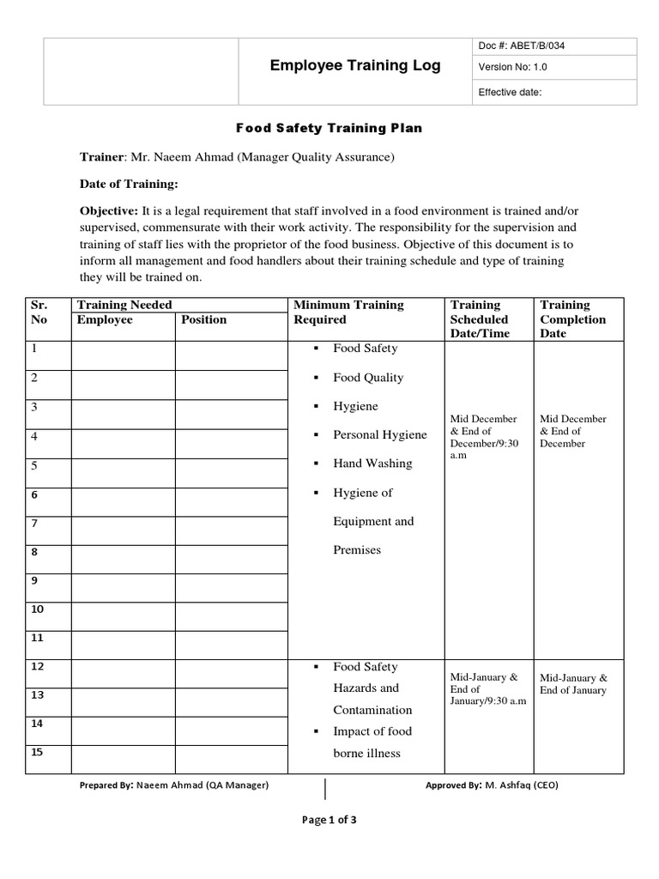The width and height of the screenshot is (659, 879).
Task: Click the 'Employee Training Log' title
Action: (x=354, y=65)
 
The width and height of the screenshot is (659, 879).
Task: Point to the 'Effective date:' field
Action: (x=510, y=92)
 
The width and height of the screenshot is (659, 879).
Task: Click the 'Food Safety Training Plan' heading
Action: (x=329, y=128)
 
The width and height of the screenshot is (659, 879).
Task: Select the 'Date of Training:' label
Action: (x=129, y=184)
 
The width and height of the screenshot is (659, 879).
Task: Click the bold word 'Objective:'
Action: (x=109, y=210)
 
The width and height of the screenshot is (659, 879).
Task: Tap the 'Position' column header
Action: (x=204, y=319)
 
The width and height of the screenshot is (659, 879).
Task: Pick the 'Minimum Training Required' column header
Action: (x=348, y=312)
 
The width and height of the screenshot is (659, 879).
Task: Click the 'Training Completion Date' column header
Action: (x=572, y=318)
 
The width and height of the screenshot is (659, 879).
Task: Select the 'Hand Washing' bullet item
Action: (x=372, y=464)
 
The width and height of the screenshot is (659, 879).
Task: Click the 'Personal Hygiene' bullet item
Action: (x=379, y=434)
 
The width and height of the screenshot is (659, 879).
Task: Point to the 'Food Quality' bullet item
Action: (x=368, y=377)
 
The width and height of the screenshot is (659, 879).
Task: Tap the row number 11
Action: (x=37, y=638)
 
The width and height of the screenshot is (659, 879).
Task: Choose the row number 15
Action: (x=37, y=753)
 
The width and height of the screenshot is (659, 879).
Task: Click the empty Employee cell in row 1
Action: (x=123, y=355)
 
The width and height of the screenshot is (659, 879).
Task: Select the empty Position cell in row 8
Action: (x=232, y=559)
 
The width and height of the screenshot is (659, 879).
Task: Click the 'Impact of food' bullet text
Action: (x=372, y=731)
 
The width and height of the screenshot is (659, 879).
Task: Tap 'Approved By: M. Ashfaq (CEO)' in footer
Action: (x=492, y=785)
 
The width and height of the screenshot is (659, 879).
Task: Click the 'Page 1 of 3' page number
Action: (x=329, y=820)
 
